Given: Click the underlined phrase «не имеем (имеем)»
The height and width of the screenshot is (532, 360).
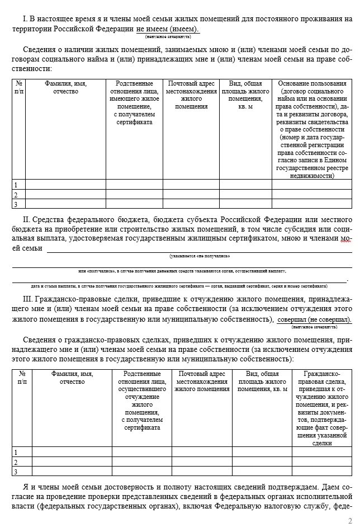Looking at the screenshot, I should [168, 29].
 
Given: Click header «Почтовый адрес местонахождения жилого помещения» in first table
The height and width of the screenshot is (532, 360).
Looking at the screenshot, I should [191, 95].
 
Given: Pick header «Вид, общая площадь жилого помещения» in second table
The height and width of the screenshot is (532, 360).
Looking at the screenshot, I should [262, 380].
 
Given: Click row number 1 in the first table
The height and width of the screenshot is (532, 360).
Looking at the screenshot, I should [16, 185].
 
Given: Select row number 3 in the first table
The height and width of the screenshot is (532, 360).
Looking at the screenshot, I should [16, 204].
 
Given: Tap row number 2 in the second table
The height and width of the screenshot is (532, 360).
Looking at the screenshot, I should [16, 462].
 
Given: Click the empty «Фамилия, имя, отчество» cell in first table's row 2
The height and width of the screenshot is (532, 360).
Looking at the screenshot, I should [65, 195].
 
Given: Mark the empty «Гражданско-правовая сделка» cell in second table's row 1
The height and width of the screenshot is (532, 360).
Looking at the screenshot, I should [323, 452].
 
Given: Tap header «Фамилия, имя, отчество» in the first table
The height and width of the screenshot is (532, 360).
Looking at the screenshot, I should [65, 87].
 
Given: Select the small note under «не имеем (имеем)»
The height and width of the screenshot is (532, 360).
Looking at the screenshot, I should [168, 36].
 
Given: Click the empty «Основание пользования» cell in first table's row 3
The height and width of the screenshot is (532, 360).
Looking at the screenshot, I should [312, 204].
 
